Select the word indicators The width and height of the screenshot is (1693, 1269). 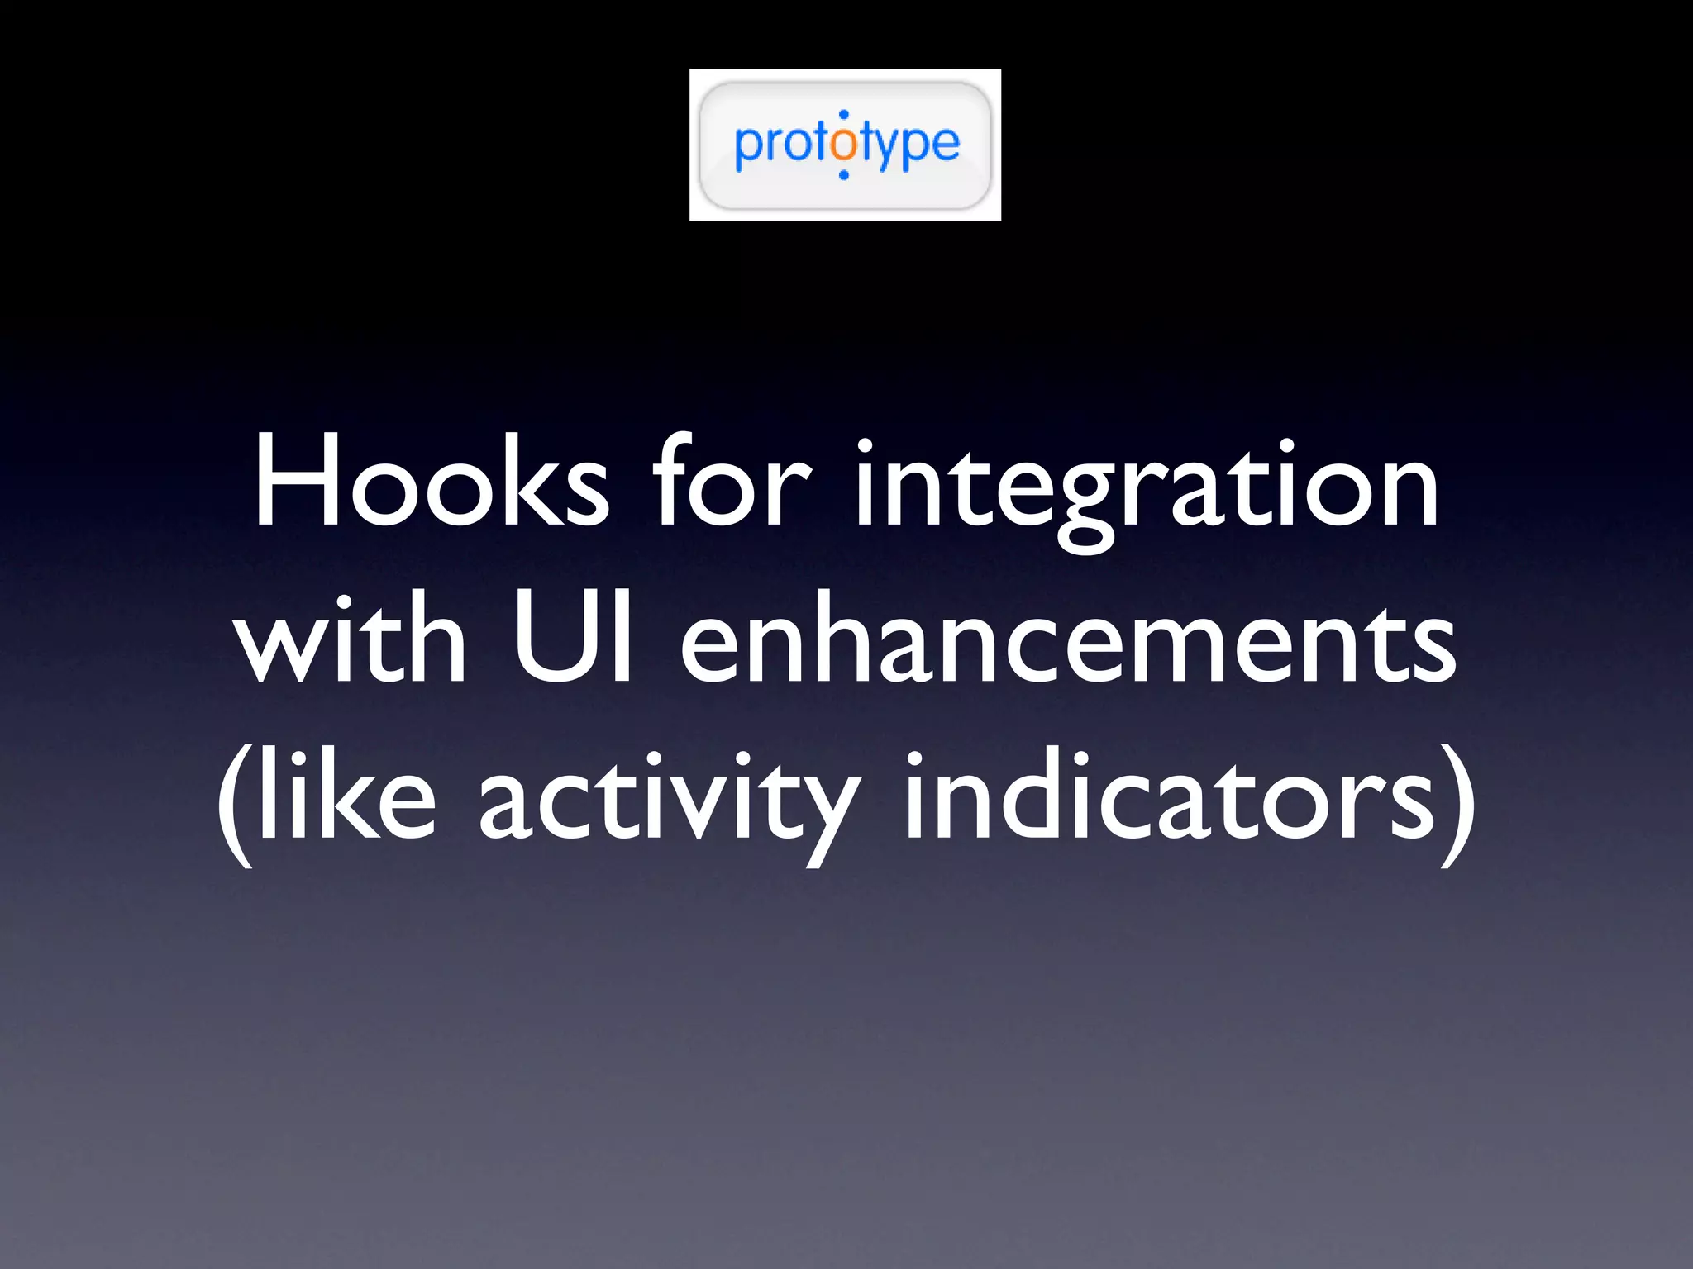pyautogui.click(x=1170, y=797)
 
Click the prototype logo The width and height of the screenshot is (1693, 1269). pyautogui.click(x=845, y=145)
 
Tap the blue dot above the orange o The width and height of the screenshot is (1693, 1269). pyautogui.click(x=843, y=115)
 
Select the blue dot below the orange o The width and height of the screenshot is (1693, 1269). pyautogui.click(x=843, y=174)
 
